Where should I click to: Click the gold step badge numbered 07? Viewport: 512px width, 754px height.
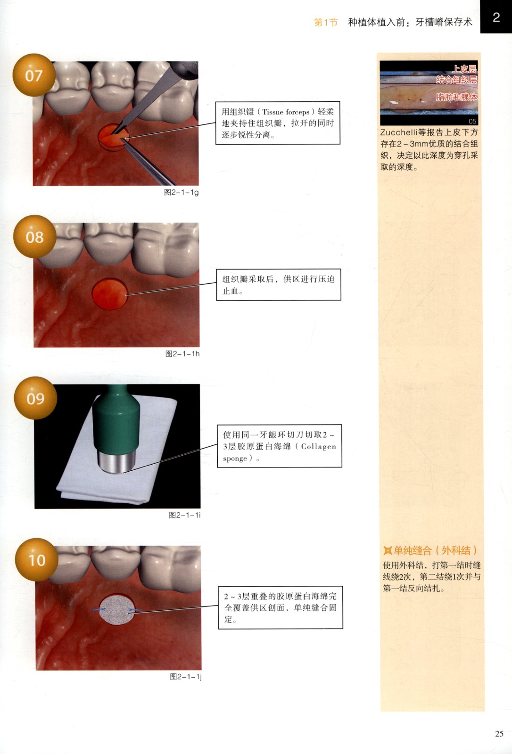[34, 75]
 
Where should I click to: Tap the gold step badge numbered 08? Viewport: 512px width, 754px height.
[35, 237]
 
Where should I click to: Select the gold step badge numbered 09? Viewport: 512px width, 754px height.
[35, 398]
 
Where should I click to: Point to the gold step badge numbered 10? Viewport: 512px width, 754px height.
[36, 559]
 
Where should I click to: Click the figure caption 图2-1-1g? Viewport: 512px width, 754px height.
[181, 192]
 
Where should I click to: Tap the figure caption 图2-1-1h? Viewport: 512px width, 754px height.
[182, 353]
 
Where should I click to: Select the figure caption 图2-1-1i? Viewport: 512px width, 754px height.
[185, 515]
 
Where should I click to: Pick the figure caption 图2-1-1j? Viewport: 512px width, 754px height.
[186, 677]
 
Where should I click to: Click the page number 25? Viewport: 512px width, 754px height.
[499, 733]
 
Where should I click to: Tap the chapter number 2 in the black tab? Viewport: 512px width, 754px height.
[496, 17]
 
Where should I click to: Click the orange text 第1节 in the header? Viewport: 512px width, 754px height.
[326, 22]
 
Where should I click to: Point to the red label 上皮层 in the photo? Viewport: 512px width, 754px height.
[464, 69]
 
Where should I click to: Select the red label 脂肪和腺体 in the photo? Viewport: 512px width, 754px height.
[456, 97]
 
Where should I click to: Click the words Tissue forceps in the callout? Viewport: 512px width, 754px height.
[286, 112]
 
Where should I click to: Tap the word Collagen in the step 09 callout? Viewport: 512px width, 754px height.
[318, 447]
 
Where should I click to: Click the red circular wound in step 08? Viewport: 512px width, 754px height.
[110, 293]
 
